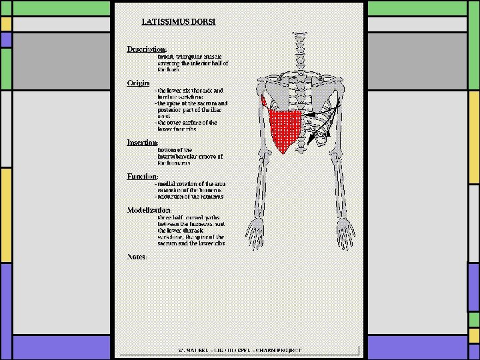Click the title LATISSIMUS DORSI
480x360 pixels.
pos(178,21)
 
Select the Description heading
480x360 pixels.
pos(147,49)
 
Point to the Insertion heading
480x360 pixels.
pos(143,142)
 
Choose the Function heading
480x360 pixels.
pos(143,176)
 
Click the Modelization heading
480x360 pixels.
pos(149,210)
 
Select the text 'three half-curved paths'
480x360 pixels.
pos(189,217)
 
